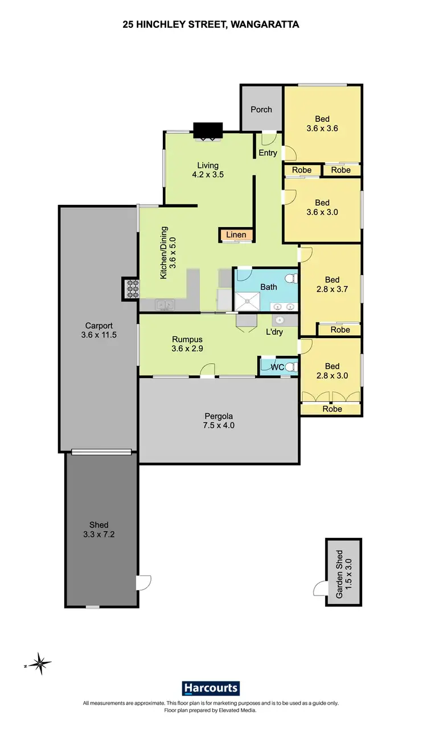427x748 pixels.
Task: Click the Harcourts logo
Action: click(211, 688)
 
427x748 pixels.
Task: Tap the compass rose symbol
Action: click(40, 663)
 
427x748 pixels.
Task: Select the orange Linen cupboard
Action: click(236, 235)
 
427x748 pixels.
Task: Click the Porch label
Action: click(261, 109)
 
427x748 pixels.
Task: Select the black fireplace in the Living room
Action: click(208, 130)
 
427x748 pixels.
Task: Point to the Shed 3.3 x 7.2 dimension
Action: click(98, 534)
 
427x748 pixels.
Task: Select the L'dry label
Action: click(274, 332)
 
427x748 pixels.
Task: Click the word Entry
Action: click(268, 153)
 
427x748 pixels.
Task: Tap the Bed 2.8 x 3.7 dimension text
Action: click(332, 289)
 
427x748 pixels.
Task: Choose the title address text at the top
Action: click(211, 24)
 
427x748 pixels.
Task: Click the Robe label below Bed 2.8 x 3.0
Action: click(332, 409)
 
